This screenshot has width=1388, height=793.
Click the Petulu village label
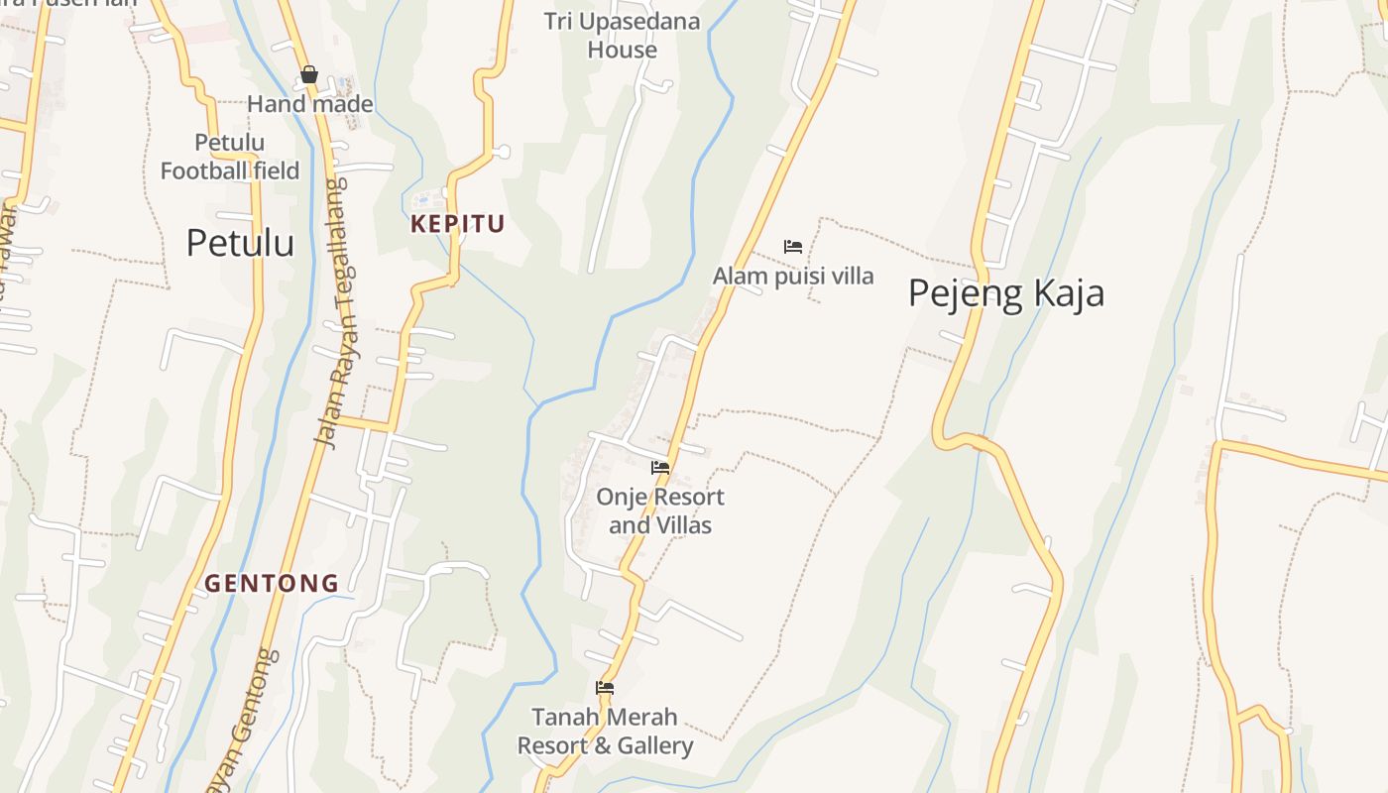coord(240,243)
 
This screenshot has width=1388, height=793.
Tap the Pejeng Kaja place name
coord(1005,293)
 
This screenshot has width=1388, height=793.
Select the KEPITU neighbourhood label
coord(458,224)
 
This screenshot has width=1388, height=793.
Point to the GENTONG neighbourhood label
coord(272,583)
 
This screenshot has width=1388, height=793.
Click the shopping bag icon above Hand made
coord(309,74)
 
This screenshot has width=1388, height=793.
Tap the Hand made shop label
coord(310,104)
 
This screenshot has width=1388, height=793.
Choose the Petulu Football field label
coord(230,157)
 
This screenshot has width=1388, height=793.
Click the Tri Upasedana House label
coord(622,35)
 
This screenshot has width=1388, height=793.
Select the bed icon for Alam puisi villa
coord(793,246)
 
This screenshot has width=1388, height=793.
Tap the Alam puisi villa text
coord(793,276)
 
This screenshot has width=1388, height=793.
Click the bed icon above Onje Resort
coord(660,468)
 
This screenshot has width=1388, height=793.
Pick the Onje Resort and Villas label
coord(660,510)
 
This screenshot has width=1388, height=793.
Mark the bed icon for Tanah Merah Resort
coord(605,688)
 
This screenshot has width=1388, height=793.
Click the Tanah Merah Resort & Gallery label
coord(605,731)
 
